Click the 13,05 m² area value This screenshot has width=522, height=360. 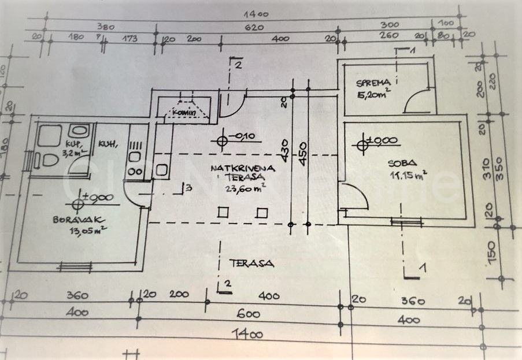(x=88, y=231)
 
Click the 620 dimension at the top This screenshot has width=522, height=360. (x=254, y=27)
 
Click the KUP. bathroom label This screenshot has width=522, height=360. (x=72, y=143)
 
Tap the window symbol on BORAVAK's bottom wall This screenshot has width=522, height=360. (x=76, y=266)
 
